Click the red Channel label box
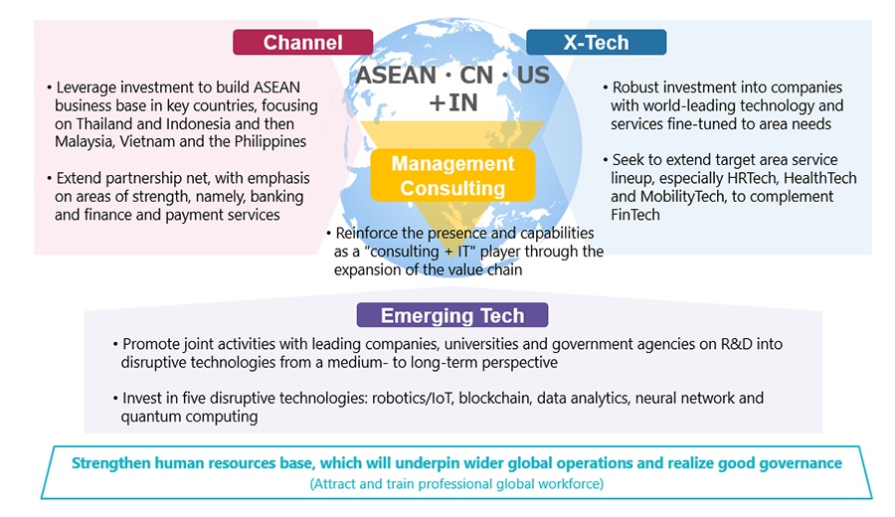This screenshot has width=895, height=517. (x=302, y=42)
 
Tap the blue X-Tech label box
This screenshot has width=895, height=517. (x=596, y=42)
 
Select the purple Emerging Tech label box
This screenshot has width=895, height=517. (x=452, y=315)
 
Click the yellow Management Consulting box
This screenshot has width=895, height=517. (x=452, y=175)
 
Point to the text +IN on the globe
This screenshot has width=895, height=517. (x=453, y=102)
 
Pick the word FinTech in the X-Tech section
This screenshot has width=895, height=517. (x=635, y=215)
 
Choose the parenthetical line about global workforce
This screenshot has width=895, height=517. (x=456, y=484)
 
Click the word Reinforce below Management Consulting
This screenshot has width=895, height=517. (x=362, y=233)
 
